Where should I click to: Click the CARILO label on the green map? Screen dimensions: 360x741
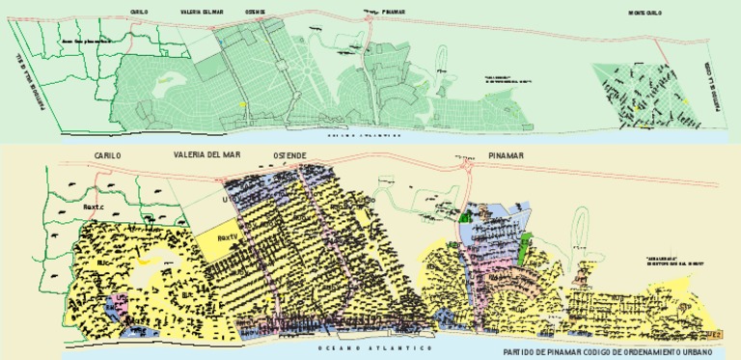coord(139,13)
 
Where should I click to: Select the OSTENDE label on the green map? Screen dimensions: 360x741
coord(256,13)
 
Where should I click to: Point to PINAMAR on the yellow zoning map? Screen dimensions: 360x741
coord(506,154)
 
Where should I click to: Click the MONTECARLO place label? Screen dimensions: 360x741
coord(645,13)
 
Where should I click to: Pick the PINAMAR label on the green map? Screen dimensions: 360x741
coord(393,13)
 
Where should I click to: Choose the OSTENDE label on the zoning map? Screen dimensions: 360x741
coord(290,154)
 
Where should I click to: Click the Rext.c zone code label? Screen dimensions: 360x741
coord(93,206)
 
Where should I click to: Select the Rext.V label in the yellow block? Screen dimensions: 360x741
coord(228,236)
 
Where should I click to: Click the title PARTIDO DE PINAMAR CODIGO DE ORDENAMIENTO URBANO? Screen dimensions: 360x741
coord(613,352)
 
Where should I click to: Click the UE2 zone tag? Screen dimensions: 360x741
coord(712,333)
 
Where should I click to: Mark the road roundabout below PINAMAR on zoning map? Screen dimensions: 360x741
coord(469,165)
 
